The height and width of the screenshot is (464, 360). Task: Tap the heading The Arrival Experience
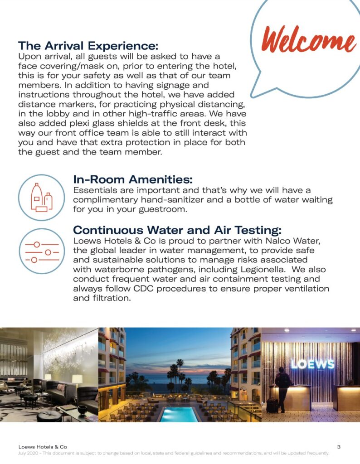pyautogui.click(x=88, y=46)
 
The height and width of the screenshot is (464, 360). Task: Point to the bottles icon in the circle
pyautogui.click(x=41, y=197)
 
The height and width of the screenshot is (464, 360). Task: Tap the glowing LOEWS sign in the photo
pyautogui.click(x=312, y=364)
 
